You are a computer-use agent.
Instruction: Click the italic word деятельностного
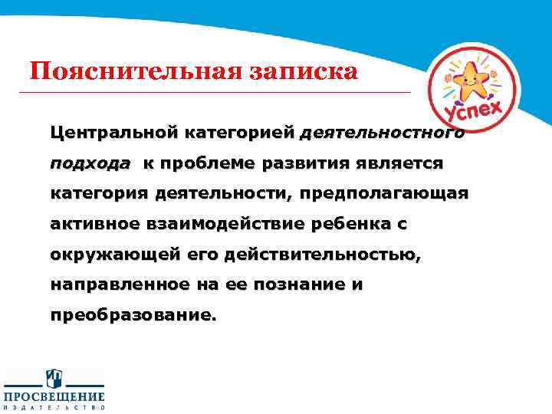coord(382,133)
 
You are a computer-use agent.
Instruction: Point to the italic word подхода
coord(90,163)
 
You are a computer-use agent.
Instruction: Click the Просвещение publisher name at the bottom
coord(54,396)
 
